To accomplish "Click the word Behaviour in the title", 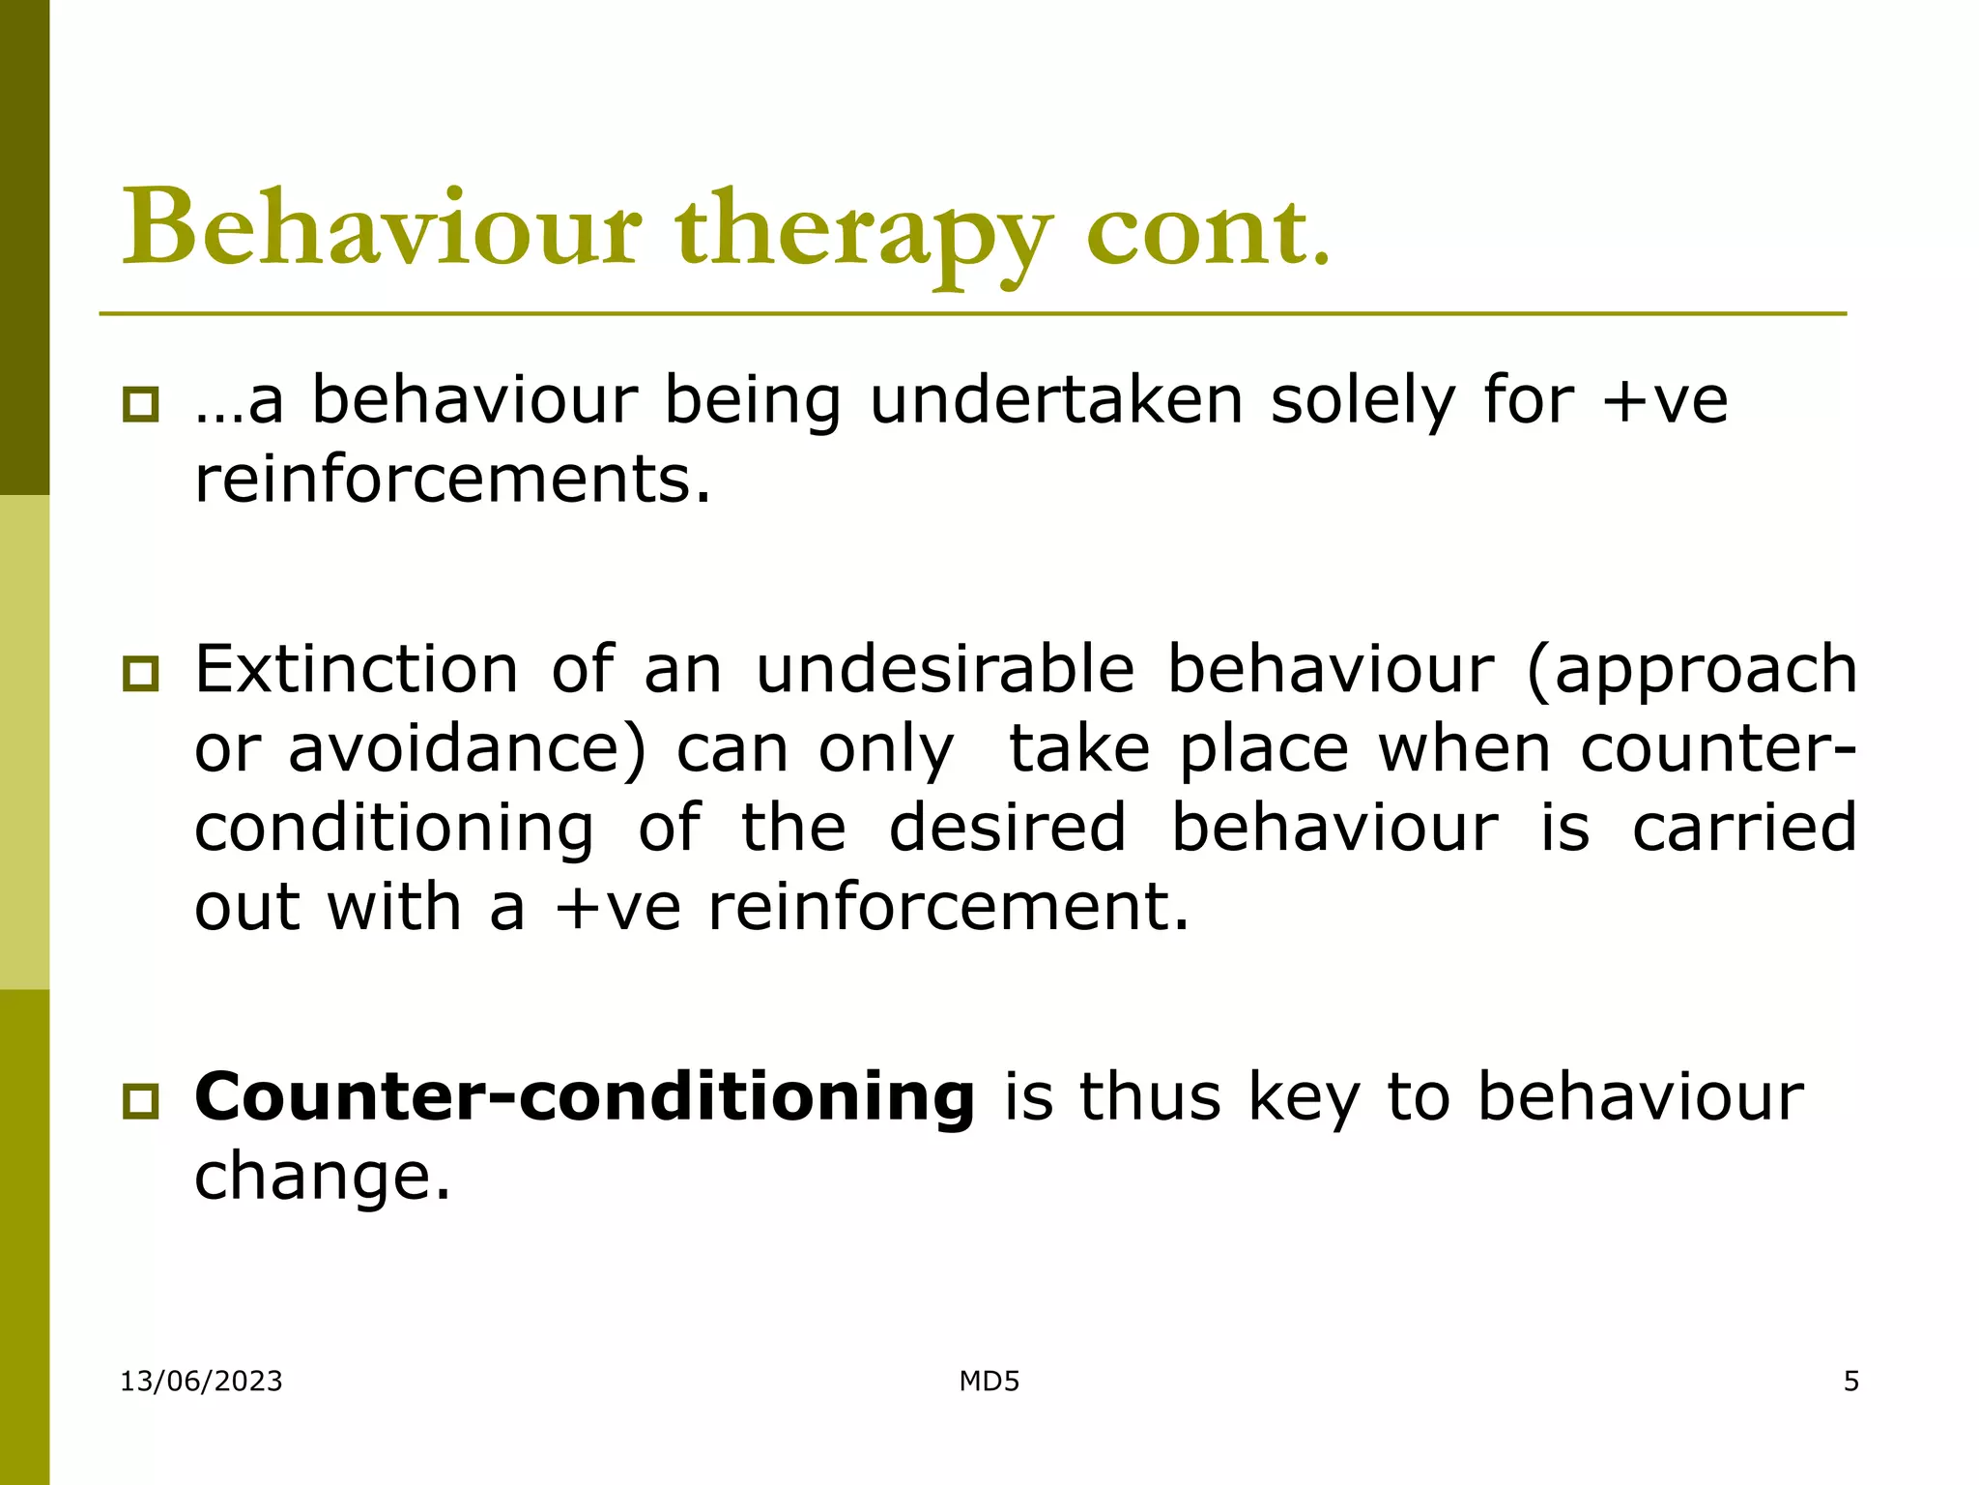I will (x=382, y=229).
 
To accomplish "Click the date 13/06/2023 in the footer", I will (x=201, y=1381).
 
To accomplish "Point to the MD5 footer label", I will (x=989, y=1381).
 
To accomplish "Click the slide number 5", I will (x=1850, y=1381).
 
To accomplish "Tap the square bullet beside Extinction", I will (x=141, y=673).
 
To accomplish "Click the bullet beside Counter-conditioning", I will (x=141, y=1100).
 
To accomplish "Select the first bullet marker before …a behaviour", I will (x=141, y=404).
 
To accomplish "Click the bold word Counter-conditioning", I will (x=585, y=1097).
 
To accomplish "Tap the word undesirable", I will (x=944, y=669).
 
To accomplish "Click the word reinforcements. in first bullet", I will (x=452, y=480).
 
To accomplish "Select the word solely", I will (x=1362, y=401).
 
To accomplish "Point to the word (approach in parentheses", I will (x=1691, y=671).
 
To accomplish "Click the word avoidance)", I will (x=468, y=749).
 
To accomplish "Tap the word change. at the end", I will (x=323, y=1178).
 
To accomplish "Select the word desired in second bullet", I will (x=1007, y=828).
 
